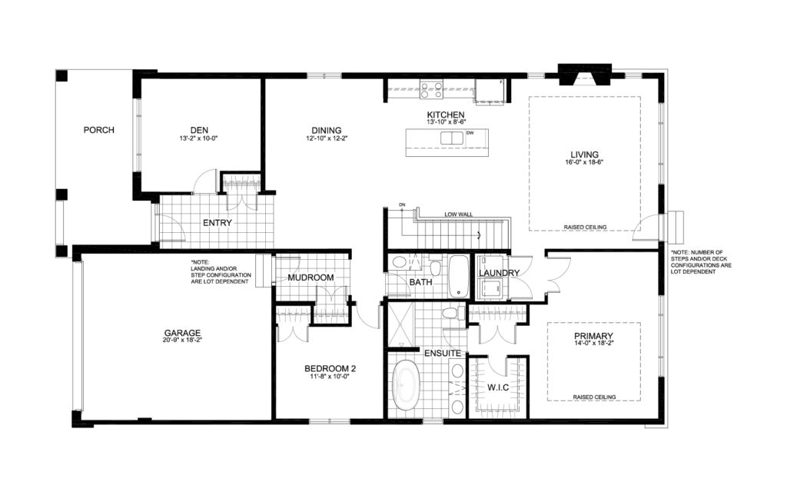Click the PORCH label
(98, 130)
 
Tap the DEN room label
(199, 130)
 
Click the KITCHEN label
(446, 115)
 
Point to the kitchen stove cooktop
(430, 90)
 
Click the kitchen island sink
(451, 138)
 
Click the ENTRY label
(218, 223)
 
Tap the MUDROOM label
(310, 278)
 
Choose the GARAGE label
(182, 334)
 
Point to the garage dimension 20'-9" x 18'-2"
(182, 341)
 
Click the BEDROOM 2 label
(330, 368)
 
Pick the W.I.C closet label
(499, 387)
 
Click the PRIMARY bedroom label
(593, 336)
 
